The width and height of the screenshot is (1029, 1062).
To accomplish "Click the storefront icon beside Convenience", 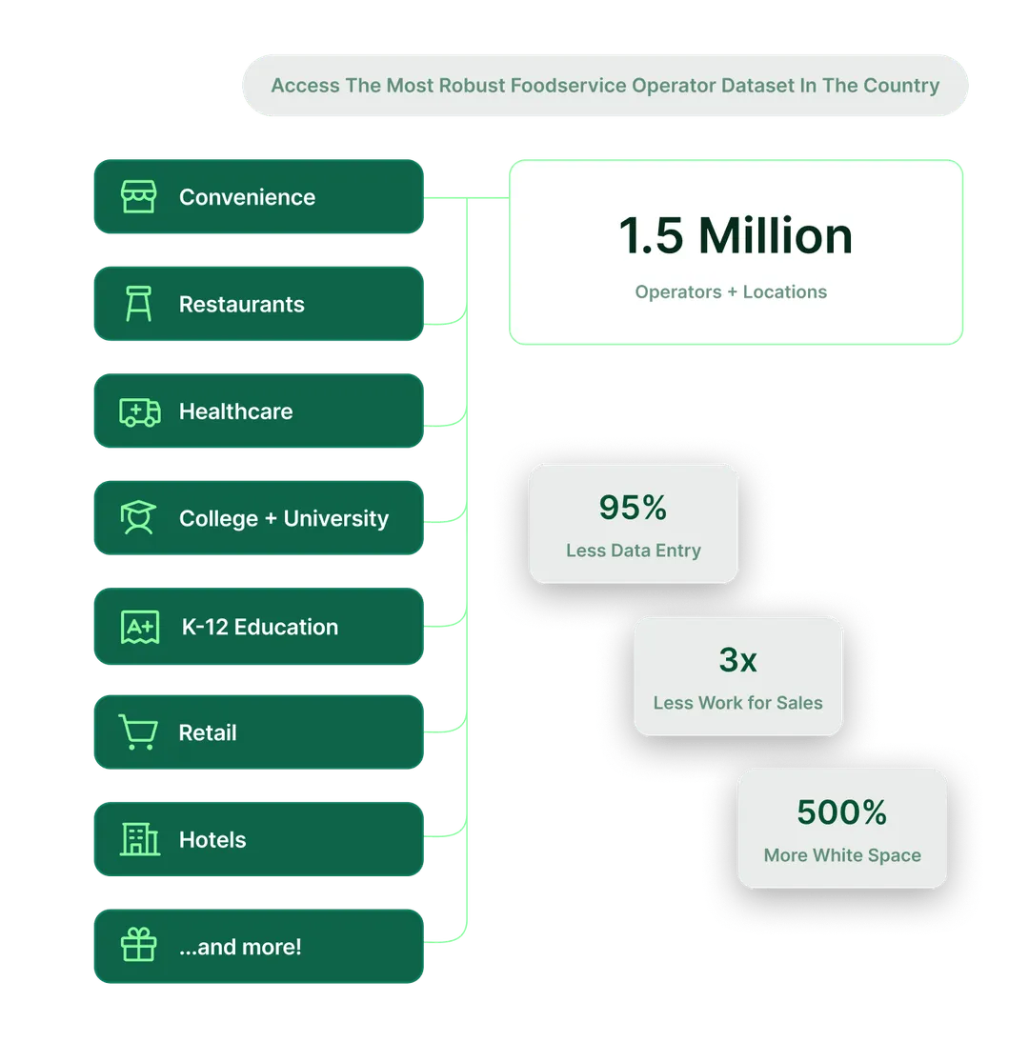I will pos(138,197).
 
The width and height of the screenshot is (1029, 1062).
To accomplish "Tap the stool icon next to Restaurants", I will pos(138,304).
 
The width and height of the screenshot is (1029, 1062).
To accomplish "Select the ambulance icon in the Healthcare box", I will pos(139,411).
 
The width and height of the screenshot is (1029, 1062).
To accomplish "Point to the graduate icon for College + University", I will pos(138,518).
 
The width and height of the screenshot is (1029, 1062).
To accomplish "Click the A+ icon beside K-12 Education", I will pos(139,627).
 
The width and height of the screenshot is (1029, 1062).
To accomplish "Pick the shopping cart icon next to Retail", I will pos(138,732).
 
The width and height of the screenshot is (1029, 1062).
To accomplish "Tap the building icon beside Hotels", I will pos(140,839).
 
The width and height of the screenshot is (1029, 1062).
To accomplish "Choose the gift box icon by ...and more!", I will pos(138,947).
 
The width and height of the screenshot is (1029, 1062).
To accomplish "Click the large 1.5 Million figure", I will pos(735,235).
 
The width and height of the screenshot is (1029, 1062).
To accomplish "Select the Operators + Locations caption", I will pos(731,291).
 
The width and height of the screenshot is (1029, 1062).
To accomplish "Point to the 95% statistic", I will pos(633,508).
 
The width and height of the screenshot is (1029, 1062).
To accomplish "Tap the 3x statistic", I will pos(737,659).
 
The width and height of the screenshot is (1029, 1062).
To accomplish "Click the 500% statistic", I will pos(841,812).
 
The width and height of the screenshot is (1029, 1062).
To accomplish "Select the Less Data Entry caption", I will pos(633,551).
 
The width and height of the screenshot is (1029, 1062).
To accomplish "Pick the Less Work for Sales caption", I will pos(737,703).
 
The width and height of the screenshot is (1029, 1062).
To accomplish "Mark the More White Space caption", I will pos(842,855).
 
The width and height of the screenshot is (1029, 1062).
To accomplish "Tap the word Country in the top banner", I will pos(901,86).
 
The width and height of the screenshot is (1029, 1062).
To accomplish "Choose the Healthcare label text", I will pos(235,411).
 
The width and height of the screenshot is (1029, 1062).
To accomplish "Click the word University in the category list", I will pos(336,518).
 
